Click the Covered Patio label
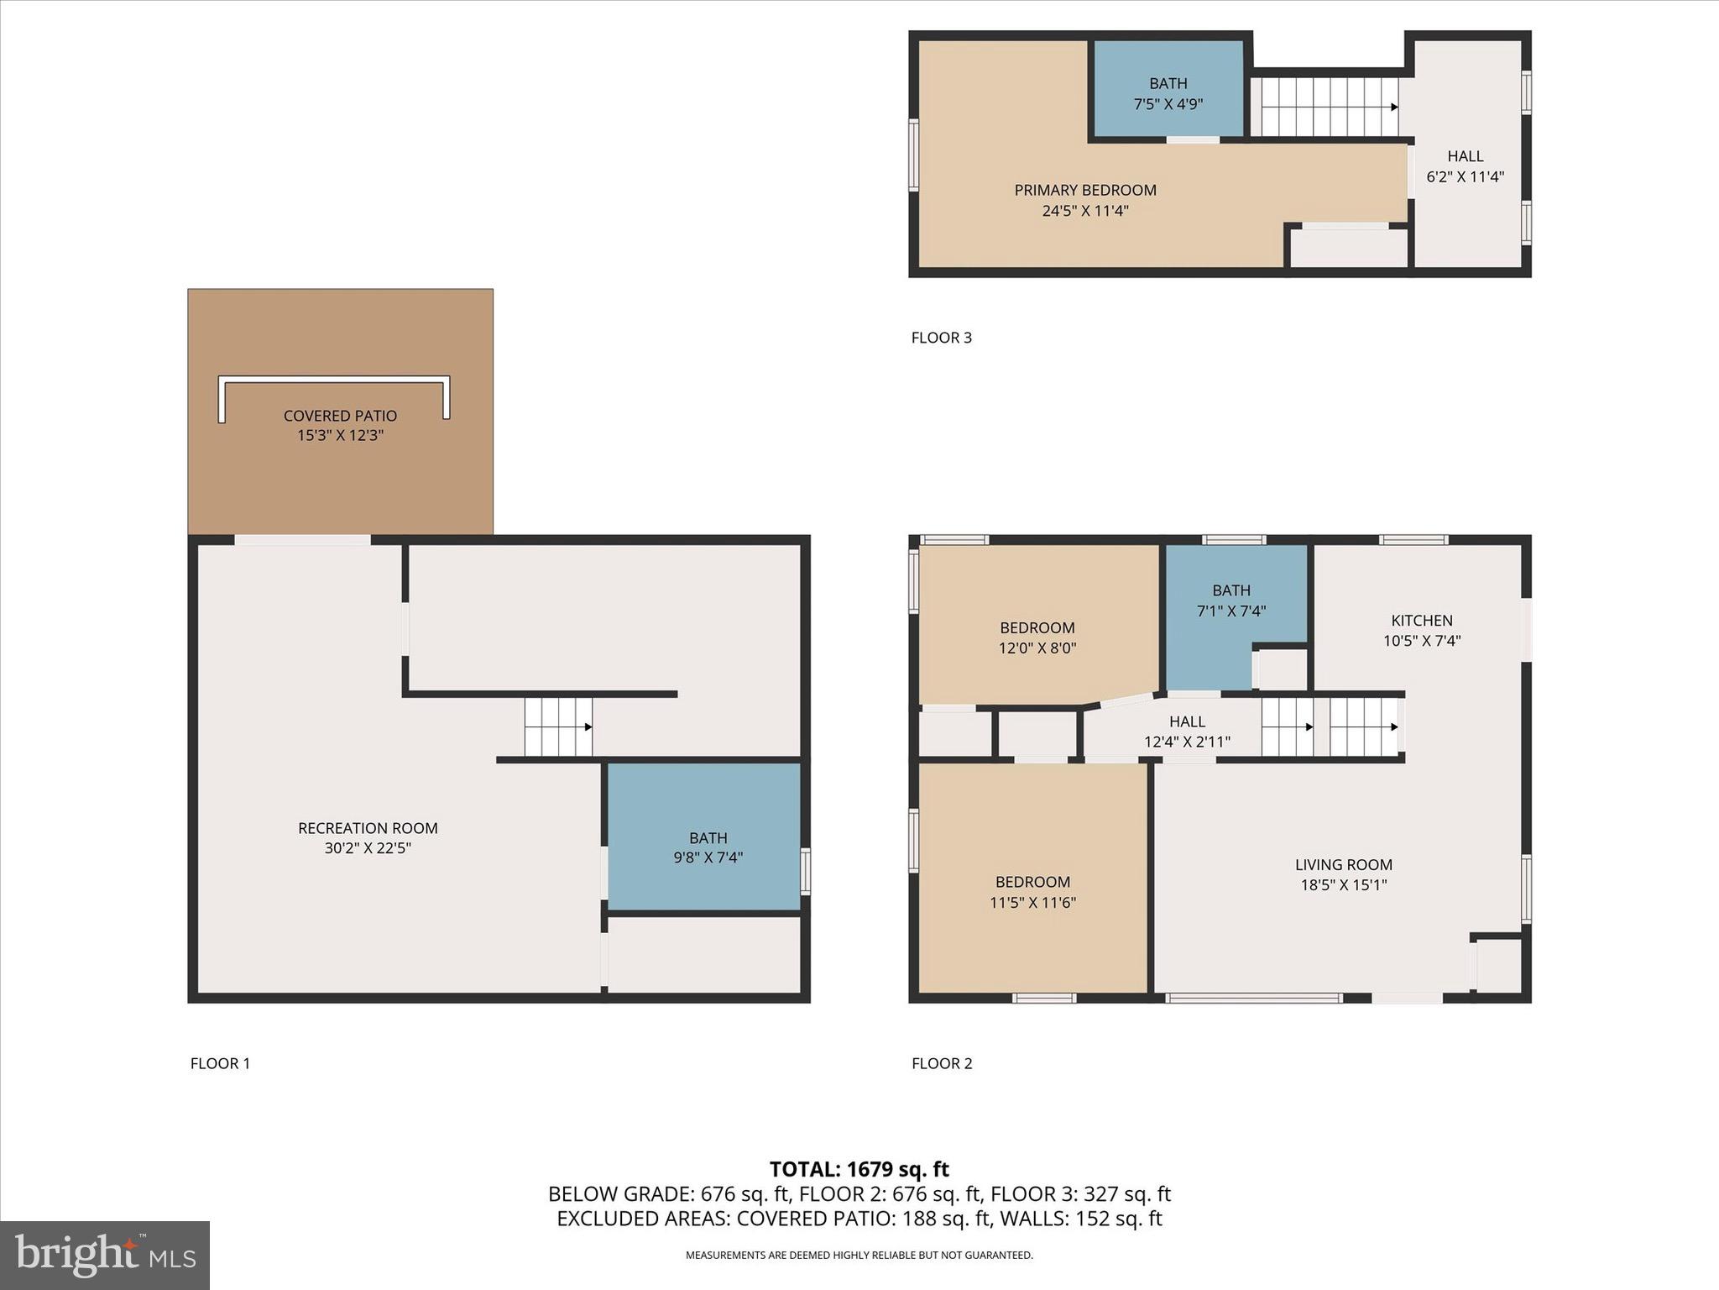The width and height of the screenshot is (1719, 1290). [340, 416]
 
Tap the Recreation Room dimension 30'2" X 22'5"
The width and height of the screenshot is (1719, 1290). [368, 848]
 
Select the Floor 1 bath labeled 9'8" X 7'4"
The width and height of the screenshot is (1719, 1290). [708, 847]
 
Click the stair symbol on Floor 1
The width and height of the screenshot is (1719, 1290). [558, 726]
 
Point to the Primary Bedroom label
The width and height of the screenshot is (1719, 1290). [1084, 191]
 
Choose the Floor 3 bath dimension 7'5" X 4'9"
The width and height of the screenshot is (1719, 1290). [1168, 104]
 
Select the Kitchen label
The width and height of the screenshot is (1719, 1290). [1421, 621]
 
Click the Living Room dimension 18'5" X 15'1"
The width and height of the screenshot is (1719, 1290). [1343, 884]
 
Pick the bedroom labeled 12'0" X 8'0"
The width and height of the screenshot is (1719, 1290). [1037, 637]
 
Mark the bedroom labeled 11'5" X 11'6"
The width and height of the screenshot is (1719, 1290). [1032, 892]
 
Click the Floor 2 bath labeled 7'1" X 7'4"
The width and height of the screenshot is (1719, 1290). [1230, 600]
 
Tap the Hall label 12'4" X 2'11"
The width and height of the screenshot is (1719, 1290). [1187, 732]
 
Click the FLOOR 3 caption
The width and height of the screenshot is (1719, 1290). [941, 338]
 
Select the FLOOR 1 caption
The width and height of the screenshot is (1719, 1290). [220, 1063]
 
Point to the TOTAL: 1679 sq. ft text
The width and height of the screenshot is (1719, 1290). [859, 1169]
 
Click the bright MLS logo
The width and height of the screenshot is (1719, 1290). [105, 1255]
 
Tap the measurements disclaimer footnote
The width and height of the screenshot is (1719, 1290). [859, 1256]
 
